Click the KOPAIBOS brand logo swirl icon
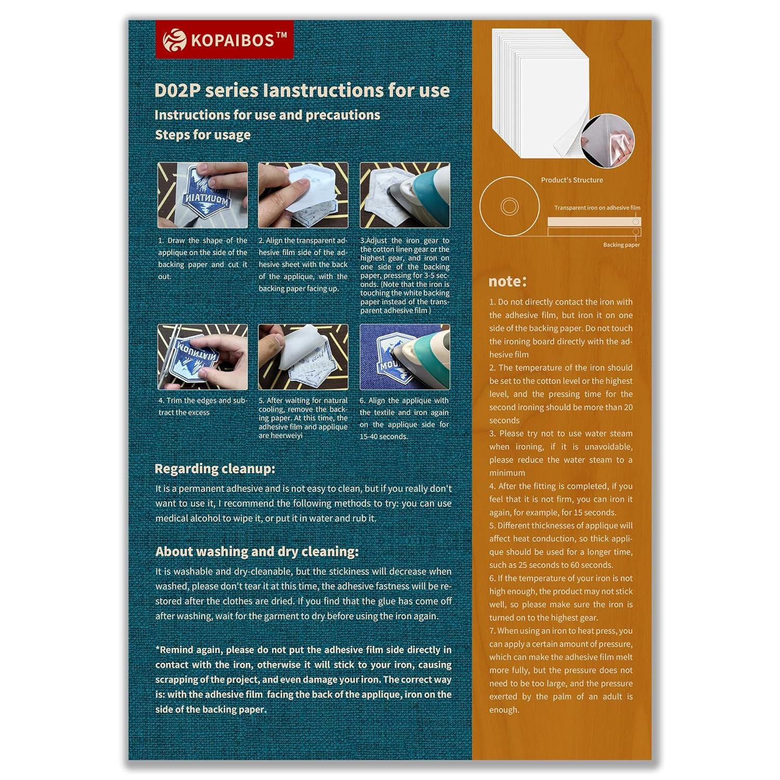coord(174,40)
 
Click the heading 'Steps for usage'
coord(203,135)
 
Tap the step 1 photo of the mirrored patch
coord(203,195)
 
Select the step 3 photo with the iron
coord(405,195)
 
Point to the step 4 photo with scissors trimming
coord(203,357)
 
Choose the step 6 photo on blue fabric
coord(405,357)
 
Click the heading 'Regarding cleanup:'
coord(215,469)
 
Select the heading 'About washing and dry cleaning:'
coord(257,551)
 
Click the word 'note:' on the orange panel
coord(507,281)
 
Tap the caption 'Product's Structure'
coord(571,180)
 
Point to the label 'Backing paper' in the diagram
coord(621,245)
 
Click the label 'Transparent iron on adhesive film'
coord(597,207)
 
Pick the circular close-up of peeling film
coord(607,140)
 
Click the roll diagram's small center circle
coord(509,206)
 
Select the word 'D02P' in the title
coord(177,90)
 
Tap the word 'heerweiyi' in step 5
coord(280,435)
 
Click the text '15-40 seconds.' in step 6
coord(384,437)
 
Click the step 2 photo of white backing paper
coord(303,195)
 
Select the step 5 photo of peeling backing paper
coord(303,357)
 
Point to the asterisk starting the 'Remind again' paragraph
coord(158,649)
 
